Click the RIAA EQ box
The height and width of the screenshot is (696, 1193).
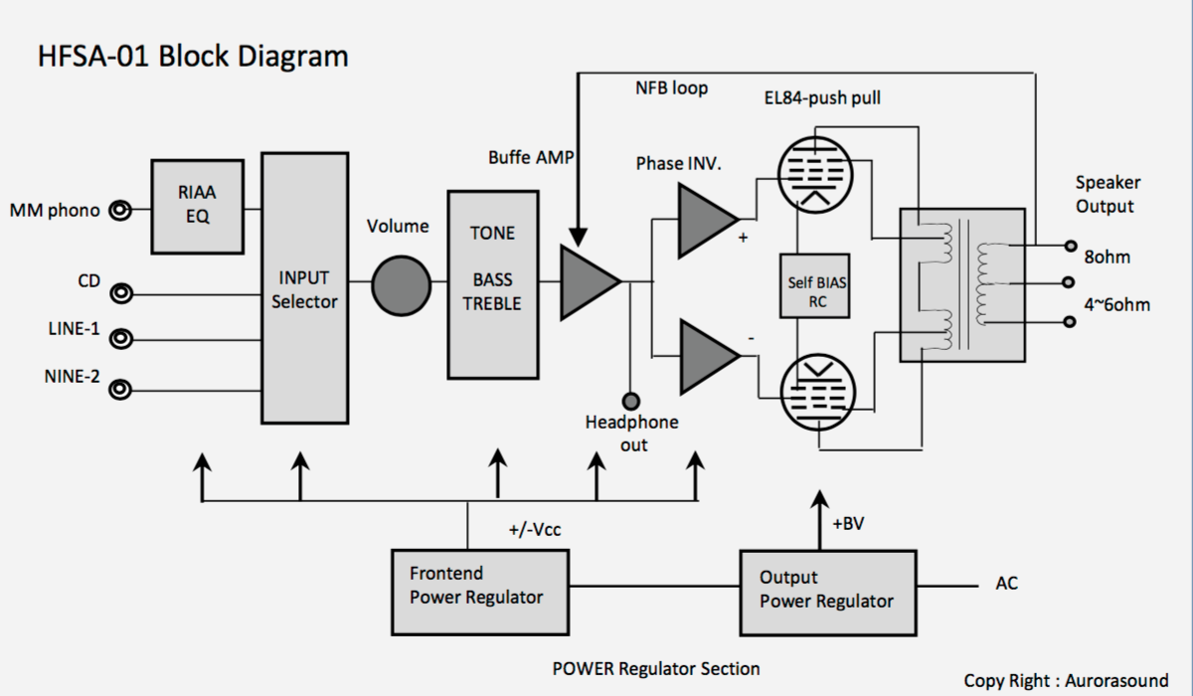tap(198, 205)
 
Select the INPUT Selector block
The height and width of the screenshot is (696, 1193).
tap(304, 288)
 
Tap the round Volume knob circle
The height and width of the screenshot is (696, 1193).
tap(402, 285)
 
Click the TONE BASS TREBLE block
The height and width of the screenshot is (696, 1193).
tap(494, 284)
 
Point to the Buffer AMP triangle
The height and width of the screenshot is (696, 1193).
tap(587, 283)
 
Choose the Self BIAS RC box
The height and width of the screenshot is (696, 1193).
tap(817, 289)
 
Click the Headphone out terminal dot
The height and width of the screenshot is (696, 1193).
tap(630, 401)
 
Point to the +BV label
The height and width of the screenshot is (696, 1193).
tap(848, 524)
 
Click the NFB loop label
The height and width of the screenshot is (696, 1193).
tap(672, 88)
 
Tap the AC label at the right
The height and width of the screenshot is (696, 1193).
tap(1006, 584)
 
